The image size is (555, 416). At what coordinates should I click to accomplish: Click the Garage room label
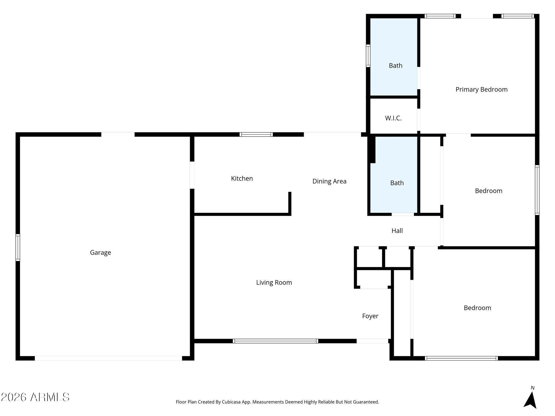(x=101, y=253)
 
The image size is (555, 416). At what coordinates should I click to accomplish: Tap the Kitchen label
(x=242, y=178)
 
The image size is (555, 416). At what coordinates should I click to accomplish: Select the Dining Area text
(x=329, y=181)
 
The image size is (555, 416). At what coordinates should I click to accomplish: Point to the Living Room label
(x=274, y=282)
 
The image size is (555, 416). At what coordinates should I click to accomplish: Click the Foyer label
(x=370, y=316)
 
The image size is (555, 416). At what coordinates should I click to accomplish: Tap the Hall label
(x=397, y=231)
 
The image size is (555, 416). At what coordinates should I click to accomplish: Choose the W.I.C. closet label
(x=393, y=118)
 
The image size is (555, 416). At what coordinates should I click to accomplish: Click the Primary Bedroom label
(x=481, y=90)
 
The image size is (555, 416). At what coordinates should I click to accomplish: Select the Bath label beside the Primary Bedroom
(x=395, y=66)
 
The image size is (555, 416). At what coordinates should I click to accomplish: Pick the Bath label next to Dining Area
(x=397, y=183)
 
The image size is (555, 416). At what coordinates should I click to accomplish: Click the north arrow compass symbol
(x=530, y=400)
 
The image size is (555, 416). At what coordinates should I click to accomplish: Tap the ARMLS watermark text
(x=35, y=397)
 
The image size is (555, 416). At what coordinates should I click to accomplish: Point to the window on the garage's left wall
(x=18, y=248)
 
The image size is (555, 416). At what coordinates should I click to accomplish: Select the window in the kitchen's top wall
(x=256, y=134)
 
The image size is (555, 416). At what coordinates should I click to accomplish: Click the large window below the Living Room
(x=275, y=341)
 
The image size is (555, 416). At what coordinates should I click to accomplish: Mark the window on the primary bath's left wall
(x=368, y=56)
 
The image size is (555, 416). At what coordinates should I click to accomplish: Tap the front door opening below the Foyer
(x=372, y=341)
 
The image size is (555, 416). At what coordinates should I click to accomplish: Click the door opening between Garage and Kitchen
(x=192, y=175)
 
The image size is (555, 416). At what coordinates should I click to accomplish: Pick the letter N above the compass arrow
(x=533, y=388)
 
